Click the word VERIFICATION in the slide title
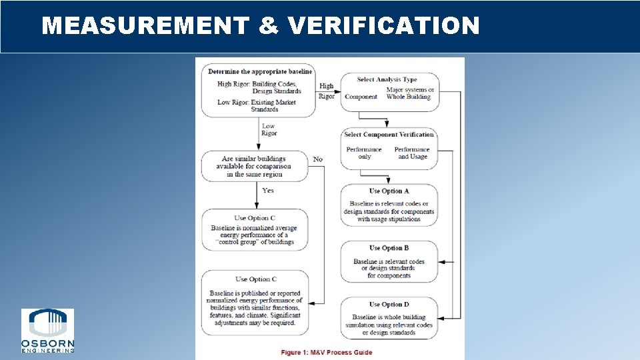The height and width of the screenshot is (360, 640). tap(385, 26)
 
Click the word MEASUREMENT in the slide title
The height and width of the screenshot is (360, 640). tap(145, 26)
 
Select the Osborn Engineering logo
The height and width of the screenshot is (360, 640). tap(47, 331)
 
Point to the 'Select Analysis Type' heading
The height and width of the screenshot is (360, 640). tap(387, 79)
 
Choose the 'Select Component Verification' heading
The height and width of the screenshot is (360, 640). tap(389, 135)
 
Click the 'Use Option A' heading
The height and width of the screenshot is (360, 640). tap(389, 191)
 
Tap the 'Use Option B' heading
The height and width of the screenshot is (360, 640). tap(389, 248)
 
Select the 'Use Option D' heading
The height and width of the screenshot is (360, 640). tap(389, 305)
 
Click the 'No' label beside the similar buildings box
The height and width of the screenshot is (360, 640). tap(317, 159)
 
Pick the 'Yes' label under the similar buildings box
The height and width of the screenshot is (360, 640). tap(267, 191)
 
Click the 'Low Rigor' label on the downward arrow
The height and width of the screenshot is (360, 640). tap(268, 129)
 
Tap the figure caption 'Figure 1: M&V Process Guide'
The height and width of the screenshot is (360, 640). tap(327, 352)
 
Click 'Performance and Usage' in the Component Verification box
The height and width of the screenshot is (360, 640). tap(411, 153)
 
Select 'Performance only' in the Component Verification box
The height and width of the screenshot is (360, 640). tap(364, 153)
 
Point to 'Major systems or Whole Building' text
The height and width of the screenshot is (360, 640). tap(409, 93)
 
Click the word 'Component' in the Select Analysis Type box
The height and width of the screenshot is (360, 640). tap(361, 97)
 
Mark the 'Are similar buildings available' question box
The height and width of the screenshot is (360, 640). tap(255, 166)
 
